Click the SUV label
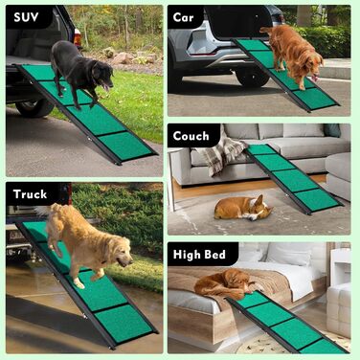26,17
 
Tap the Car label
183,17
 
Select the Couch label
191,136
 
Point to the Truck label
30,194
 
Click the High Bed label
199,255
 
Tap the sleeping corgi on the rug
243,208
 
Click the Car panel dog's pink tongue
316,78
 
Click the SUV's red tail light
78,37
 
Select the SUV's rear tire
34,108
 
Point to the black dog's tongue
105,87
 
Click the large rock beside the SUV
123,58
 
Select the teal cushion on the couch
332,130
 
